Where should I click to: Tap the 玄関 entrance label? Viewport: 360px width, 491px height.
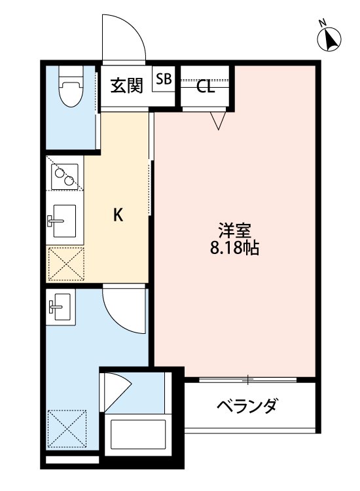(126, 86)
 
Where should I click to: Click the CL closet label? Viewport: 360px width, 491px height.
(206, 86)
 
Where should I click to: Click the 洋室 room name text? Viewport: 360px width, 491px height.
(234, 231)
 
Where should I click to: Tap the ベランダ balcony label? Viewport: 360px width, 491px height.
(247, 406)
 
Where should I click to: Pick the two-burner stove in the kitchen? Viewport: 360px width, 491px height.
(64, 176)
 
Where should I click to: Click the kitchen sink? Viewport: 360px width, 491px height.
(64, 221)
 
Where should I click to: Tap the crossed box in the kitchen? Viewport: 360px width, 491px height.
(65, 264)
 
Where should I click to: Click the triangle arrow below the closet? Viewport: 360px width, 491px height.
(218, 119)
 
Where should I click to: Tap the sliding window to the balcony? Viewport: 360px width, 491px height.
(249, 379)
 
